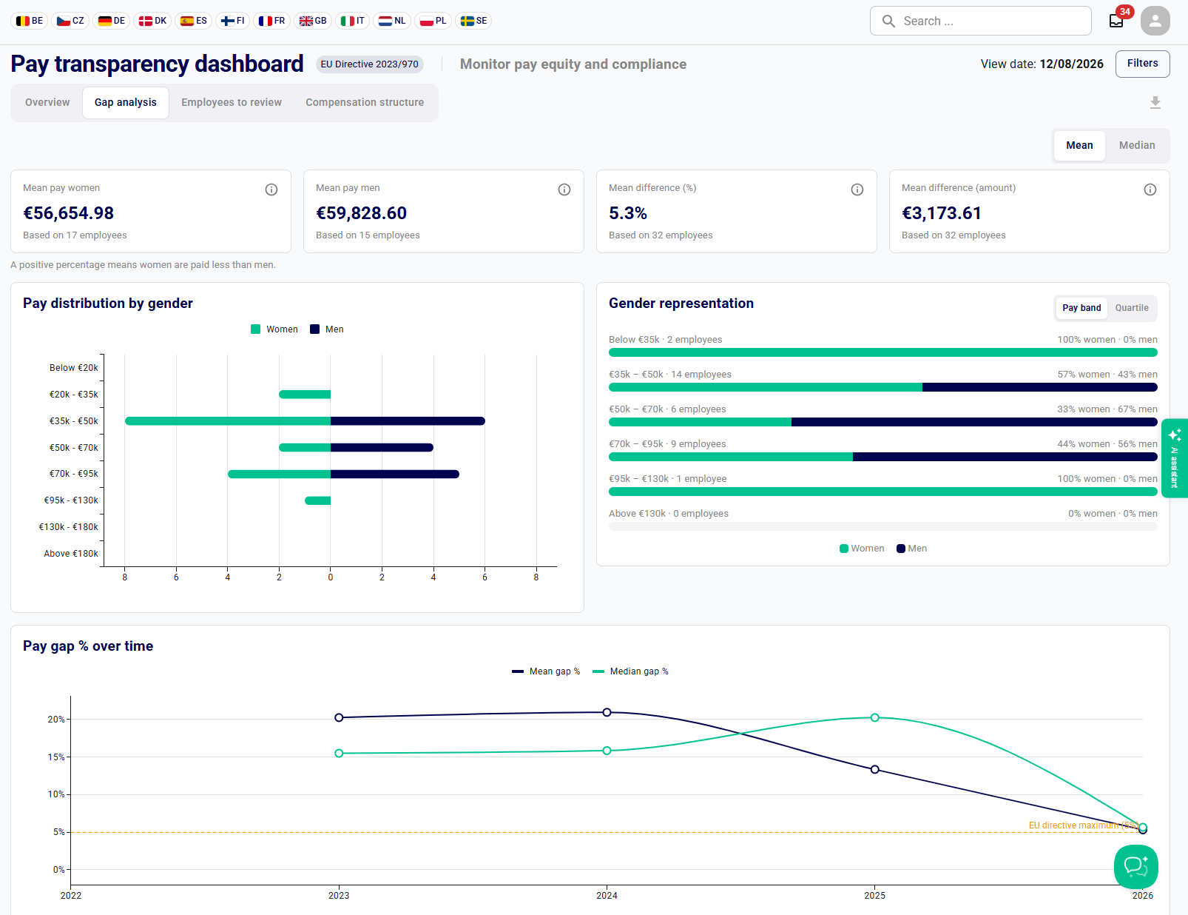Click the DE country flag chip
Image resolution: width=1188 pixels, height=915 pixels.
pos(112,21)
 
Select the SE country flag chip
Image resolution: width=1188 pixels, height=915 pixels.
pos(473,21)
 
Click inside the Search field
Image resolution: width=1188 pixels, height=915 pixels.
pos(980,21)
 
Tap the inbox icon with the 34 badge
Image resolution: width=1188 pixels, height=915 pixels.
pos(1116,21)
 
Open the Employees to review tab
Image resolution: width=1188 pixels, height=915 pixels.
pos(232,102)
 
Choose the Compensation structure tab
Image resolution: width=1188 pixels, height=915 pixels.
pos(365,102)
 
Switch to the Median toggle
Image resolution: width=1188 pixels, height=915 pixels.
pos(1137,146)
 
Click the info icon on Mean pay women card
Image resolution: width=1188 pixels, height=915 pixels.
pos(271,190)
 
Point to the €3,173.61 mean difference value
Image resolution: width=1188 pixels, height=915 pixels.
pos(942,213)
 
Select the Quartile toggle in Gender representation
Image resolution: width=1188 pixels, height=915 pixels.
pos(1132,308)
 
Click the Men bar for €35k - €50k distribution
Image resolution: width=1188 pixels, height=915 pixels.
pos(408,421)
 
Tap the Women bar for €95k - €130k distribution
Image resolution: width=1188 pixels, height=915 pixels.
pos(317,500)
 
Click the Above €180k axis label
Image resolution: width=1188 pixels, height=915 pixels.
pos(71,554)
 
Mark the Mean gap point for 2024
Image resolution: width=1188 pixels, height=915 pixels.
pos(607,713)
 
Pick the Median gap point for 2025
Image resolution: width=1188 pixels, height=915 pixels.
pos(875,717)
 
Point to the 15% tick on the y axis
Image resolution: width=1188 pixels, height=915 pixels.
pos(56,757)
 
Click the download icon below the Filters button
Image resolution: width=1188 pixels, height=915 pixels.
pos(1155,102)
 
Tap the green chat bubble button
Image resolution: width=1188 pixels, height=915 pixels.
pos(1135,867)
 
